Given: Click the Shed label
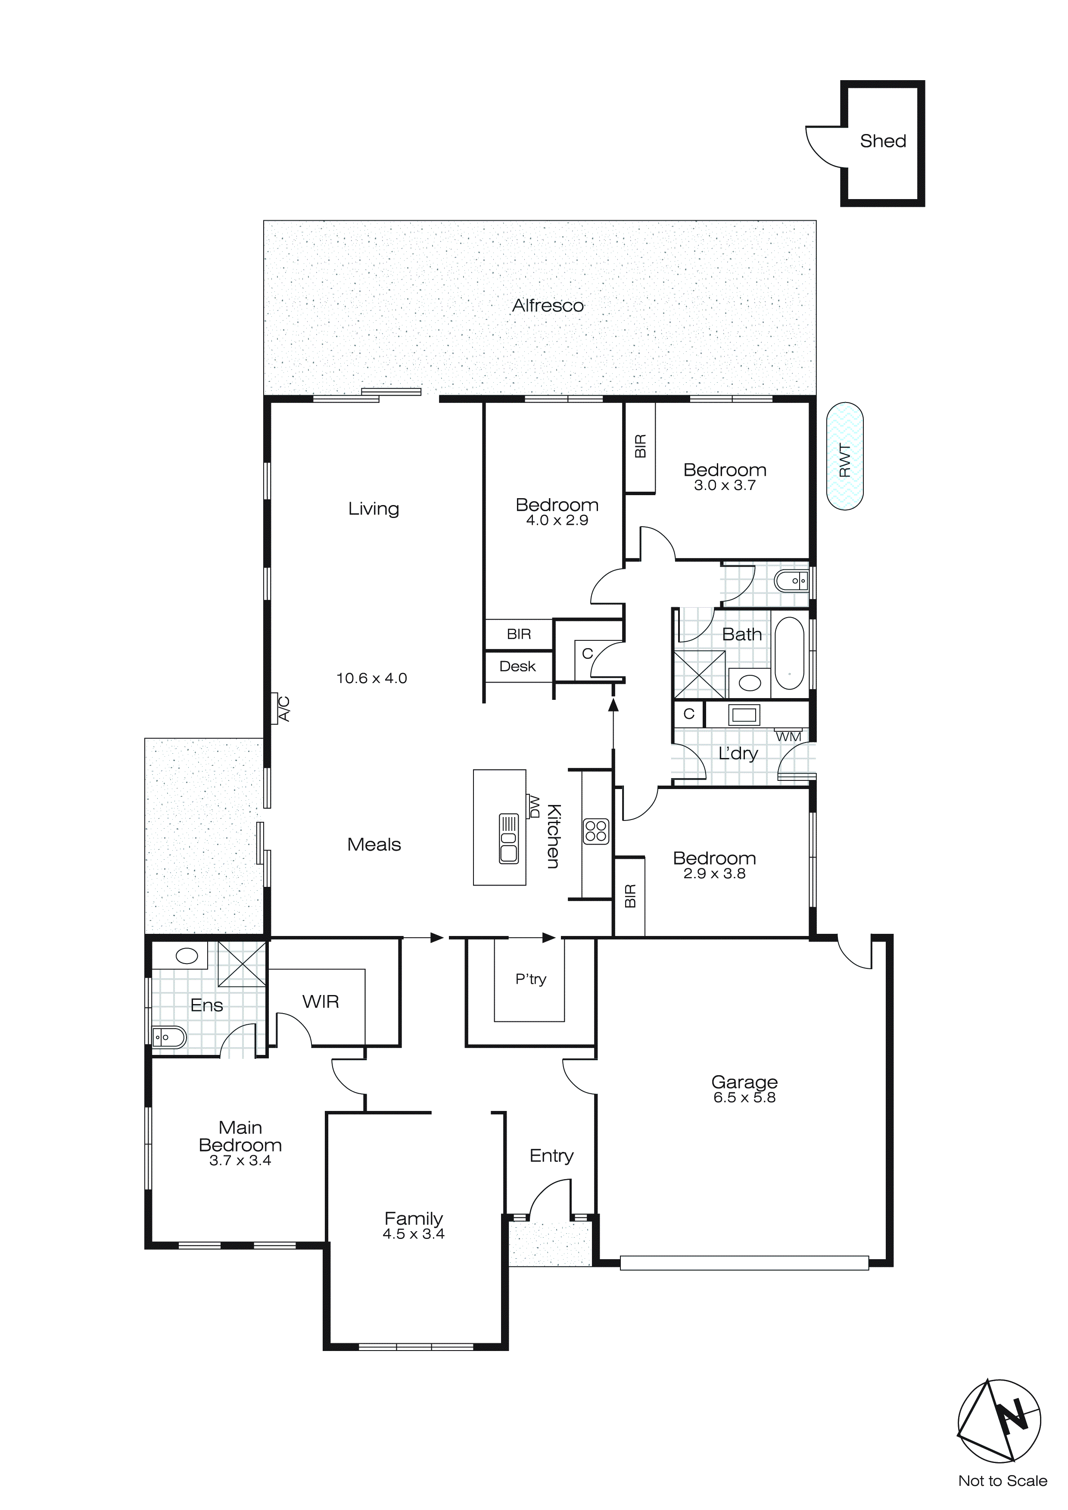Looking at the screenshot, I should tap(883, 141).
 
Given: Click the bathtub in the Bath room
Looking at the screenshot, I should tap(789, 653).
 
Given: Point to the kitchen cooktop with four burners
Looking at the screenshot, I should tap(596, 831).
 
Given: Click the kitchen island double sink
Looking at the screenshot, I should tap(509, 839).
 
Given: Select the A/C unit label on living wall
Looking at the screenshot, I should tap(284, 708).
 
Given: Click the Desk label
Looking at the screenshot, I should tap(517, 666).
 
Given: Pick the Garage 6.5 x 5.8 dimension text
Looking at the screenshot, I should tap(744, 1098).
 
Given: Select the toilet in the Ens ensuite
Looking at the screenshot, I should tap(168, 1037).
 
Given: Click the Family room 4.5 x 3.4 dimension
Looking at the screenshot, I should tap(414, 1235).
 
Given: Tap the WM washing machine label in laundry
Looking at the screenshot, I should tap(788, 736).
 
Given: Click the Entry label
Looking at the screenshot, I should tap(551, 1155).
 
